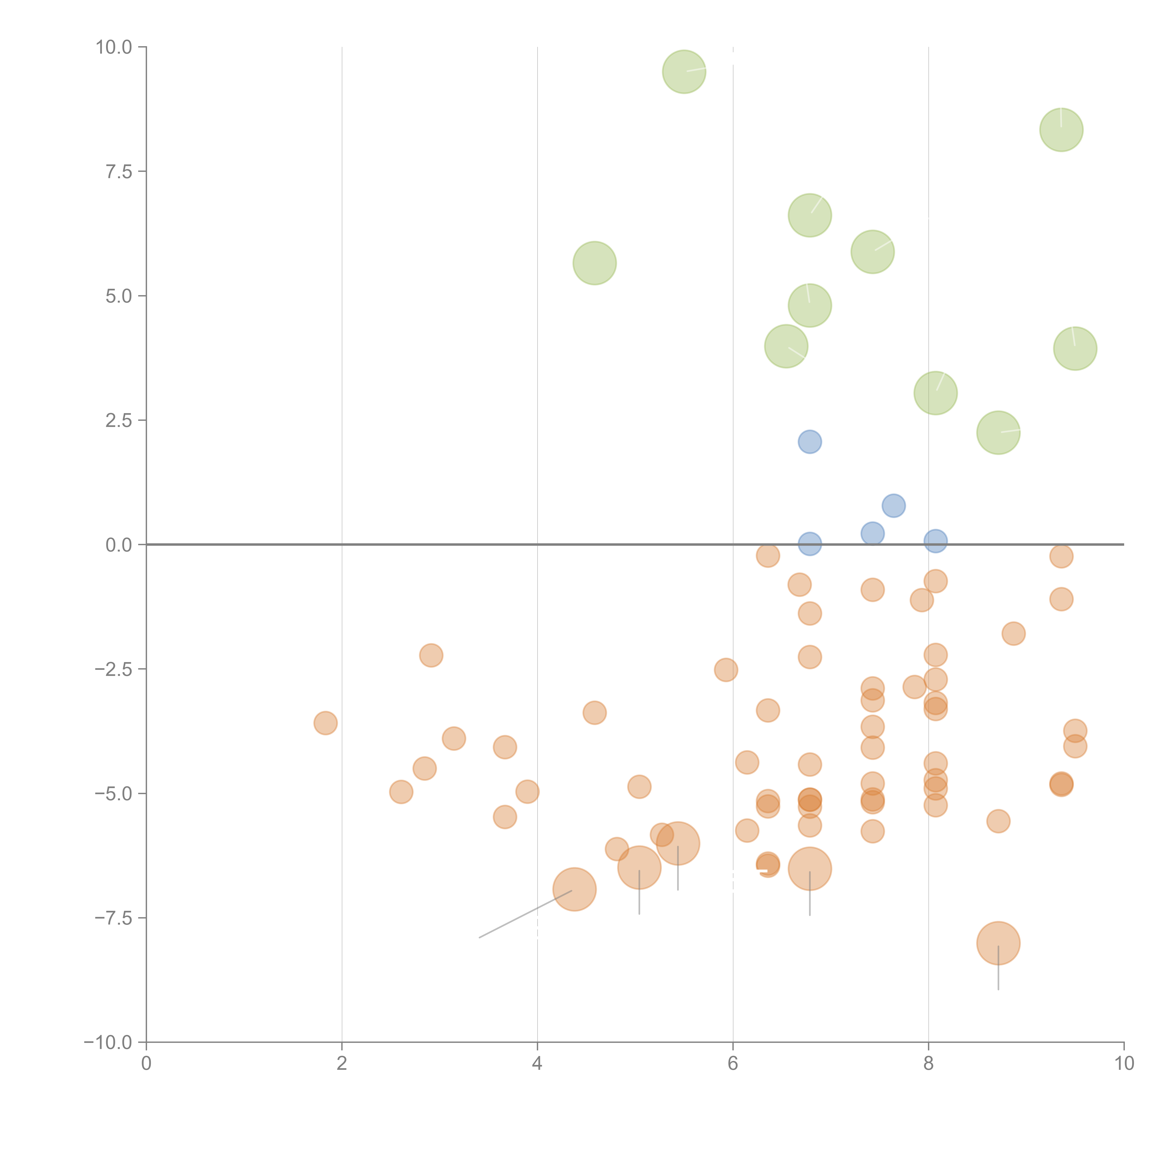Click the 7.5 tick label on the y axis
(x=118, y=171)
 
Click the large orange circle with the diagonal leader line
(x=574, y=889)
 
